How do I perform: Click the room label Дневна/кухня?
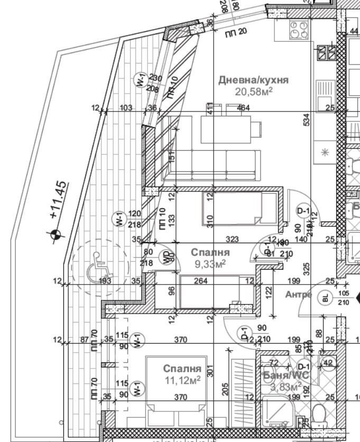[253, 80]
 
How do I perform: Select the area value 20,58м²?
[254, 91]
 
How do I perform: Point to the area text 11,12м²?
[182, 379]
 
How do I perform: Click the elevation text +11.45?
[59, 199]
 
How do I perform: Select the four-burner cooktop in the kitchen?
[298, 30]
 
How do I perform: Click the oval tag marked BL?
[325, 298]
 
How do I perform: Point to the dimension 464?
[244, 108]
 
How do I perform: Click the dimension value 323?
[232, 240]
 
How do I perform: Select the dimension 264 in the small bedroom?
[200, 281]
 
